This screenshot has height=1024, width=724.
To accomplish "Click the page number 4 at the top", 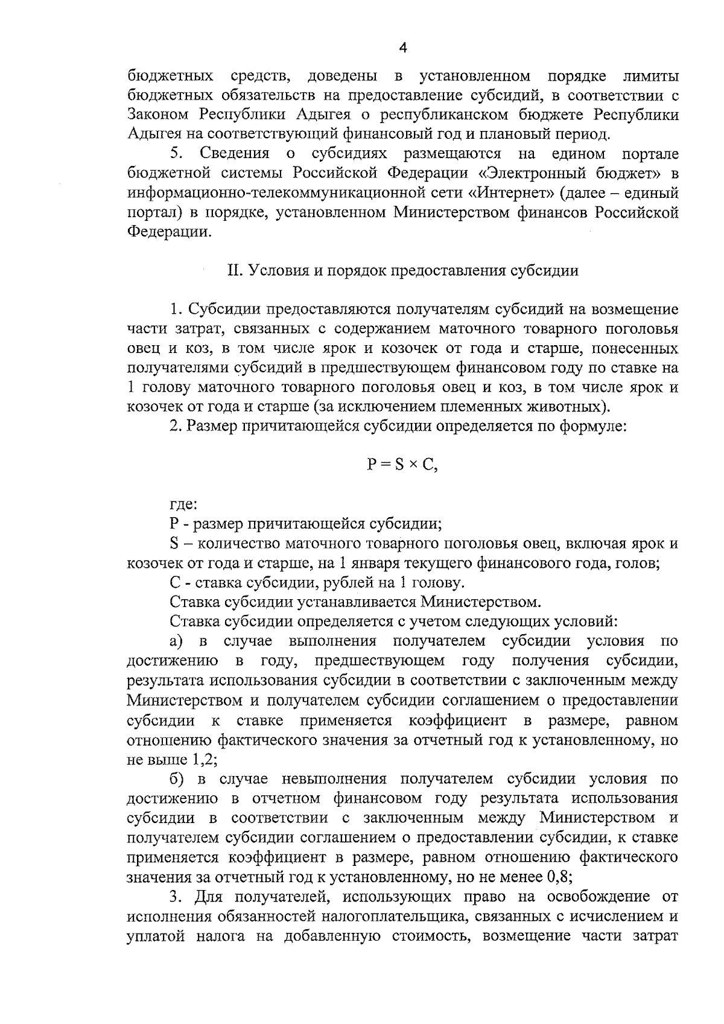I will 403,48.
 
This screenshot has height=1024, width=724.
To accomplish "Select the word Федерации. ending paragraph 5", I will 170,232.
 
